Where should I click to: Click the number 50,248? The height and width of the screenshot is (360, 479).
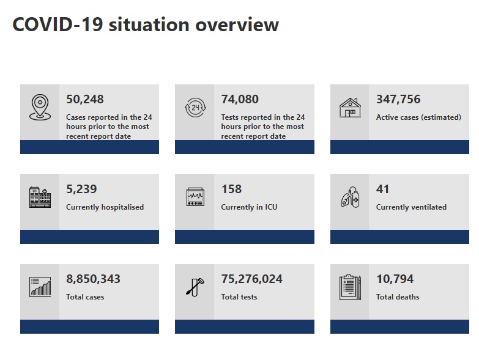coord(85,100)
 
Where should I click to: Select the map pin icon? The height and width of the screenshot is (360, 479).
coord(40,107)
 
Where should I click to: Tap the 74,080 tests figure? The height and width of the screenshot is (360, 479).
coord(240,100)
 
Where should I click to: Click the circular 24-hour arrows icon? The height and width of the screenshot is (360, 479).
coord(195,108)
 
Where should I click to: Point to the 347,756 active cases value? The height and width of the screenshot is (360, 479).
coord(398,100)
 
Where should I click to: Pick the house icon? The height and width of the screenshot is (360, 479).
coord(350,108)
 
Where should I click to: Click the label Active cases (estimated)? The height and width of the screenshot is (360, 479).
coord(418,117)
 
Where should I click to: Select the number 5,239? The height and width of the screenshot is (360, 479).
coord(81,189)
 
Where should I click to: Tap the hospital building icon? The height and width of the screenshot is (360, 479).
coord(40,197)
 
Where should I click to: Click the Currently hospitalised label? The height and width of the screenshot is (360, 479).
coord(105,207)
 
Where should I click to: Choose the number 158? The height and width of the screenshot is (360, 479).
coord(232,189)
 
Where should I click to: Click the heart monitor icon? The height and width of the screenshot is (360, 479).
coord(195,197)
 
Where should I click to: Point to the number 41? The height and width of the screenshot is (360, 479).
coord(382,189)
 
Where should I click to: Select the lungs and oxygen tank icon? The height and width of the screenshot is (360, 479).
coord(350,197)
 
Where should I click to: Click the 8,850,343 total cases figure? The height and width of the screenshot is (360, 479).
coord(93,279)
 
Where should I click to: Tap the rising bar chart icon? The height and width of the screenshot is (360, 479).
coord(40,287)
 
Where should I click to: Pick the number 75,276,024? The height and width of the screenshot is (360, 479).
coord(251,279)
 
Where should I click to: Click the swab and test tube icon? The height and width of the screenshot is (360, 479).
coord(195,287)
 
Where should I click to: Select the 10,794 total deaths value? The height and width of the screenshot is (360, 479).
coord(395,279)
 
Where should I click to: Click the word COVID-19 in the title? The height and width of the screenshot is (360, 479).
coord(58,24)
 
